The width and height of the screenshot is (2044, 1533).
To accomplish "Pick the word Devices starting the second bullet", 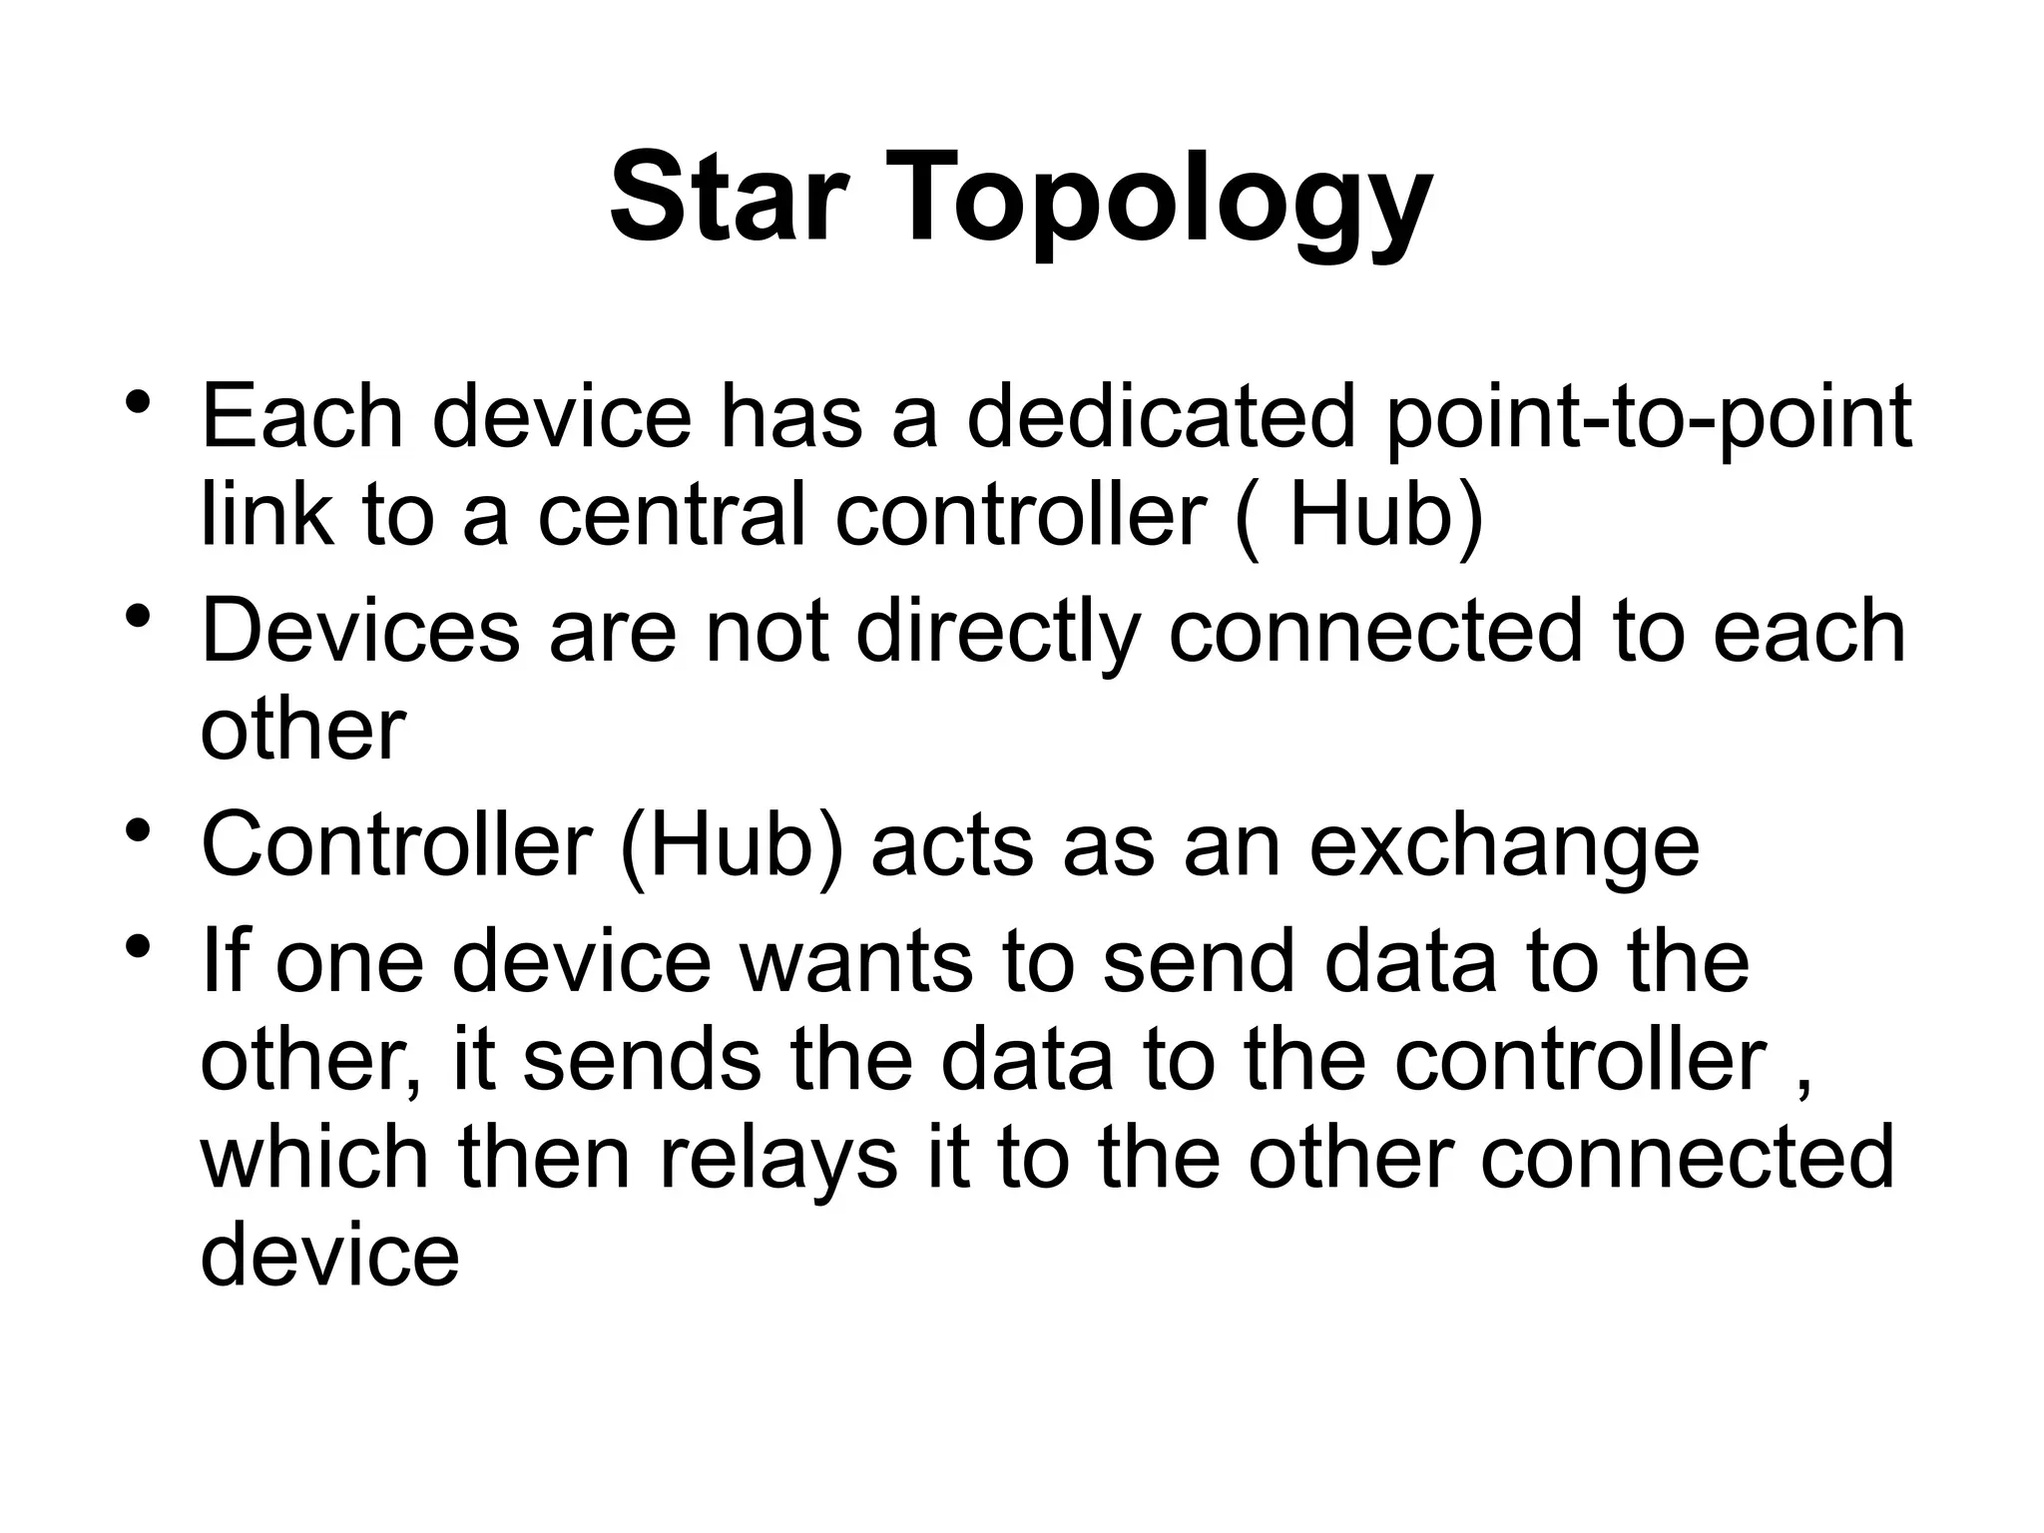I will pyautogui.click(x=360, y=632).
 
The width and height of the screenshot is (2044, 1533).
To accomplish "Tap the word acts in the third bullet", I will pyautogui.click(x=951, y=846).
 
